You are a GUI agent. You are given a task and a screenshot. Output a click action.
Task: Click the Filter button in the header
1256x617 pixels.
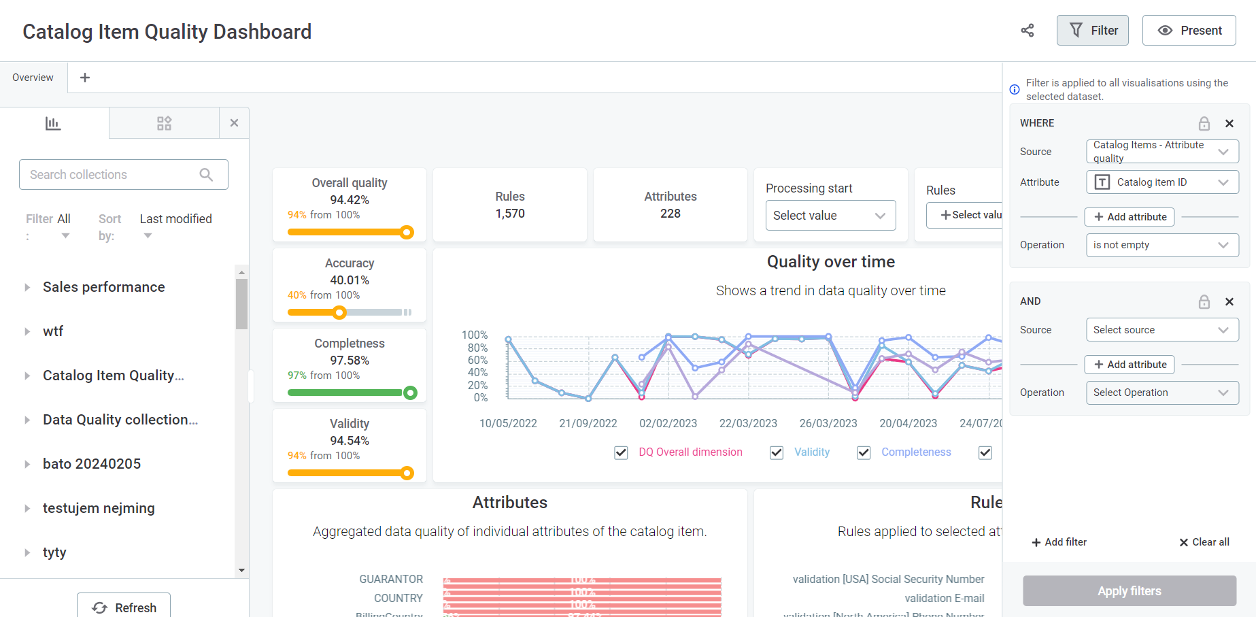[x=1092, y=31]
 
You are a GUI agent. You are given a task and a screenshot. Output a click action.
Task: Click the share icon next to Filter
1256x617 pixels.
[x=1028, y=31]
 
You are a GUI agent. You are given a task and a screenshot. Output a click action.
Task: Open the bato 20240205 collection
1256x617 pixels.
[x=92, y=464]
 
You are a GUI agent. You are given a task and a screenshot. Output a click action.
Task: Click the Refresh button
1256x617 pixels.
[x=124, y=607]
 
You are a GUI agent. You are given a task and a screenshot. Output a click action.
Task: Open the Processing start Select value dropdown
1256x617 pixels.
[x=830, y=216]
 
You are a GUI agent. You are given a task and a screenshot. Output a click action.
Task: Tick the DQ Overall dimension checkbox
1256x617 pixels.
[x=621, y=453]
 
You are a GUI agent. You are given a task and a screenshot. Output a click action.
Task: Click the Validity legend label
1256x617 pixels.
[x=812, y=452]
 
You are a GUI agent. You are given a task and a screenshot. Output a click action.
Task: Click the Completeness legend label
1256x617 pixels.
[x=916, y=452]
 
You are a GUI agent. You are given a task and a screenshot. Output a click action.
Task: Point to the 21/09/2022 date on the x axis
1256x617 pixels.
[x=588, y=423]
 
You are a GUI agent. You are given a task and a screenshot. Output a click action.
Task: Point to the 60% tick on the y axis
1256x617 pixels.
[x=477, y=360]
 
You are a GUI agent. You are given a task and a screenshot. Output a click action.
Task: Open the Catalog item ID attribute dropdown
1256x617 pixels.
[x=1162, y=182]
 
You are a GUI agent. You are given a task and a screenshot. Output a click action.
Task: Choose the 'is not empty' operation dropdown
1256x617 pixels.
[x=1162, y=245]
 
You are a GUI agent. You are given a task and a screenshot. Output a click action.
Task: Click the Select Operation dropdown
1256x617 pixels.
[x=1162, y=393]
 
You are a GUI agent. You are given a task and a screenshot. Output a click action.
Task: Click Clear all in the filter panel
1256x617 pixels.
[x=1204, y=542]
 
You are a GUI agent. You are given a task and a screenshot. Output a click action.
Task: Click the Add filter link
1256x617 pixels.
[x=1059, y=542]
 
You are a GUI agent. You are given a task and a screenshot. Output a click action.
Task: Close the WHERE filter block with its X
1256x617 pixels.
[x=1229, y=123]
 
